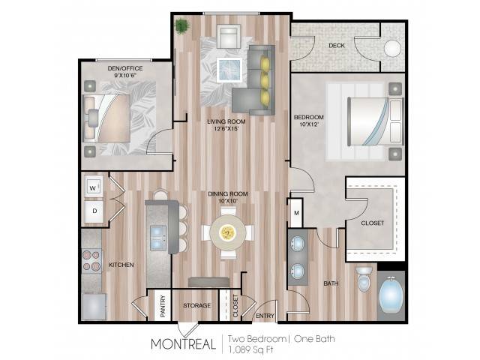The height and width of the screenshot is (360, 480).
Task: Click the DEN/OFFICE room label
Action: (x=125, y=68)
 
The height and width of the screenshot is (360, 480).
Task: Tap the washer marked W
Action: (x=93, y=187)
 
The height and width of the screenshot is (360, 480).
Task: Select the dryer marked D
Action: (x=94, y=211)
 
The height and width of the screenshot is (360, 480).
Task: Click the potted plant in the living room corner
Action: (x=181, y=25)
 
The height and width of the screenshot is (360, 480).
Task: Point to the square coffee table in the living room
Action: (x=229, y=70)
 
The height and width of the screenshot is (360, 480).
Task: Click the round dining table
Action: (x=228, y=233)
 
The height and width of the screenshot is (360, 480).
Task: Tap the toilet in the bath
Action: (x=364, y=279)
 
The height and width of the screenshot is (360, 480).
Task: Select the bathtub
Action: (x=391, y=295)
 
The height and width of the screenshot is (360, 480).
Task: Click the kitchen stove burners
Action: (x=91, y=260)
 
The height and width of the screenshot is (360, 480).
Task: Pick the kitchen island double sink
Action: (x=158, y=238)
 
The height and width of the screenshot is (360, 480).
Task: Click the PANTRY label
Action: (x=163, y=306)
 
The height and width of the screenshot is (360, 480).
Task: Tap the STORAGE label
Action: (x=196, y=305)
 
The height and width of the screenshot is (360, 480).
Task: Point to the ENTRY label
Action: (x=265, y=316)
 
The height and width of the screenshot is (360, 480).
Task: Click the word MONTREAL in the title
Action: (x=183, y=344)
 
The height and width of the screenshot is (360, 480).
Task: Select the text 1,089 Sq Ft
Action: (x=250, y=349)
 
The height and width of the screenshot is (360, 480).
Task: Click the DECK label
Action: (x=337, y=46)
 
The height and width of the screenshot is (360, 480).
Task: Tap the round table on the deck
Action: (x=392, y=49)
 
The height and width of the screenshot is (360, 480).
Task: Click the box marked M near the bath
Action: (x=296, y=213)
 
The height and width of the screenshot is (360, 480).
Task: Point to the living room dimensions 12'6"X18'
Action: (x=226, y=128)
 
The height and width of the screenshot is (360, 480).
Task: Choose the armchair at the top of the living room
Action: (x=228, y=36)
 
